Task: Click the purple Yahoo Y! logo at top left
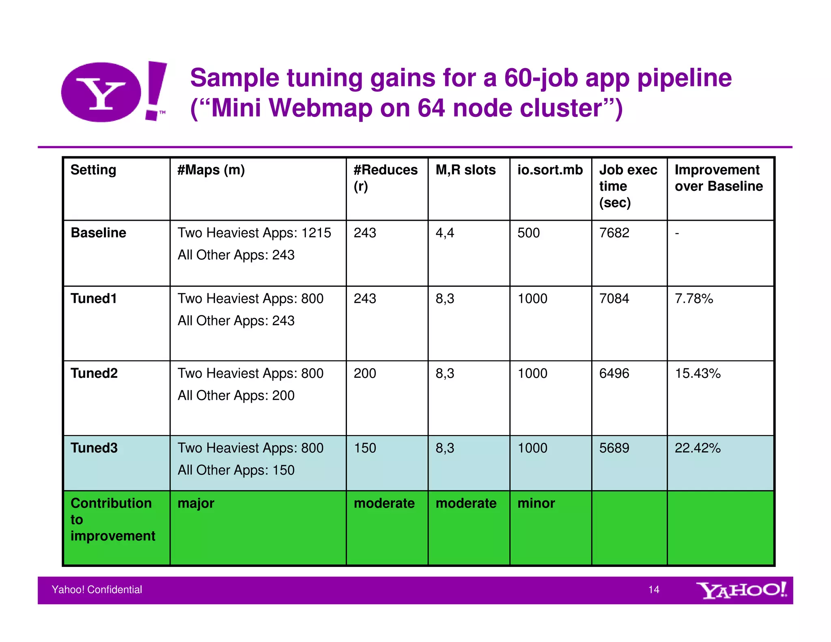(x=114, y=92)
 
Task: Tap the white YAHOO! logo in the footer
(x=741, y=590)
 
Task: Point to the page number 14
(x=654, y=590)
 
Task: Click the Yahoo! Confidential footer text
(x=97, y=590)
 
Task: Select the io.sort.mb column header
(x=550, y=170)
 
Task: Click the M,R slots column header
(x=465, y=170)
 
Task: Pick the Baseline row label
(x=98, y=233)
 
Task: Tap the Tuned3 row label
(x=94, y=448)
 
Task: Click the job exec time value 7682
(x=614, y=233)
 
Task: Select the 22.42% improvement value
(x=698, y=448)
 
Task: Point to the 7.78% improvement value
(x=694, y=298)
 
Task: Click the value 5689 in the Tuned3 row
(x=614, y=448)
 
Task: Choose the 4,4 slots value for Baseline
(x=445, y=233)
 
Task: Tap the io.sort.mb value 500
(x=528, y=233)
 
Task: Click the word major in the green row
(x=196, y=504)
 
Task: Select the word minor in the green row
(x=536, y=503)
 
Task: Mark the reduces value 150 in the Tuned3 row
(x=365, y=448)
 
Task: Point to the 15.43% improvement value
(x=698, y=373)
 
